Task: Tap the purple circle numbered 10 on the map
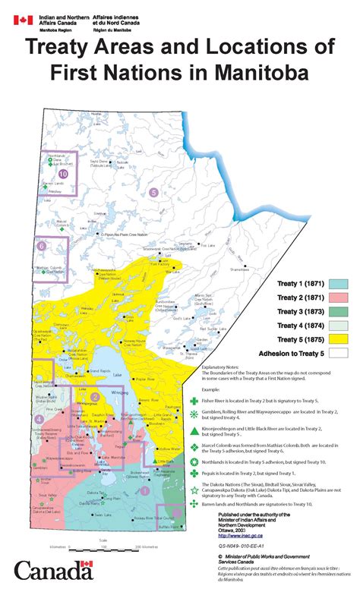click(62, 174)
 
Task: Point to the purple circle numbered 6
click(40, 245)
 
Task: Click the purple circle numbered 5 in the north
click(154, 192)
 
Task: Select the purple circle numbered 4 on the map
click(39, 418)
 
